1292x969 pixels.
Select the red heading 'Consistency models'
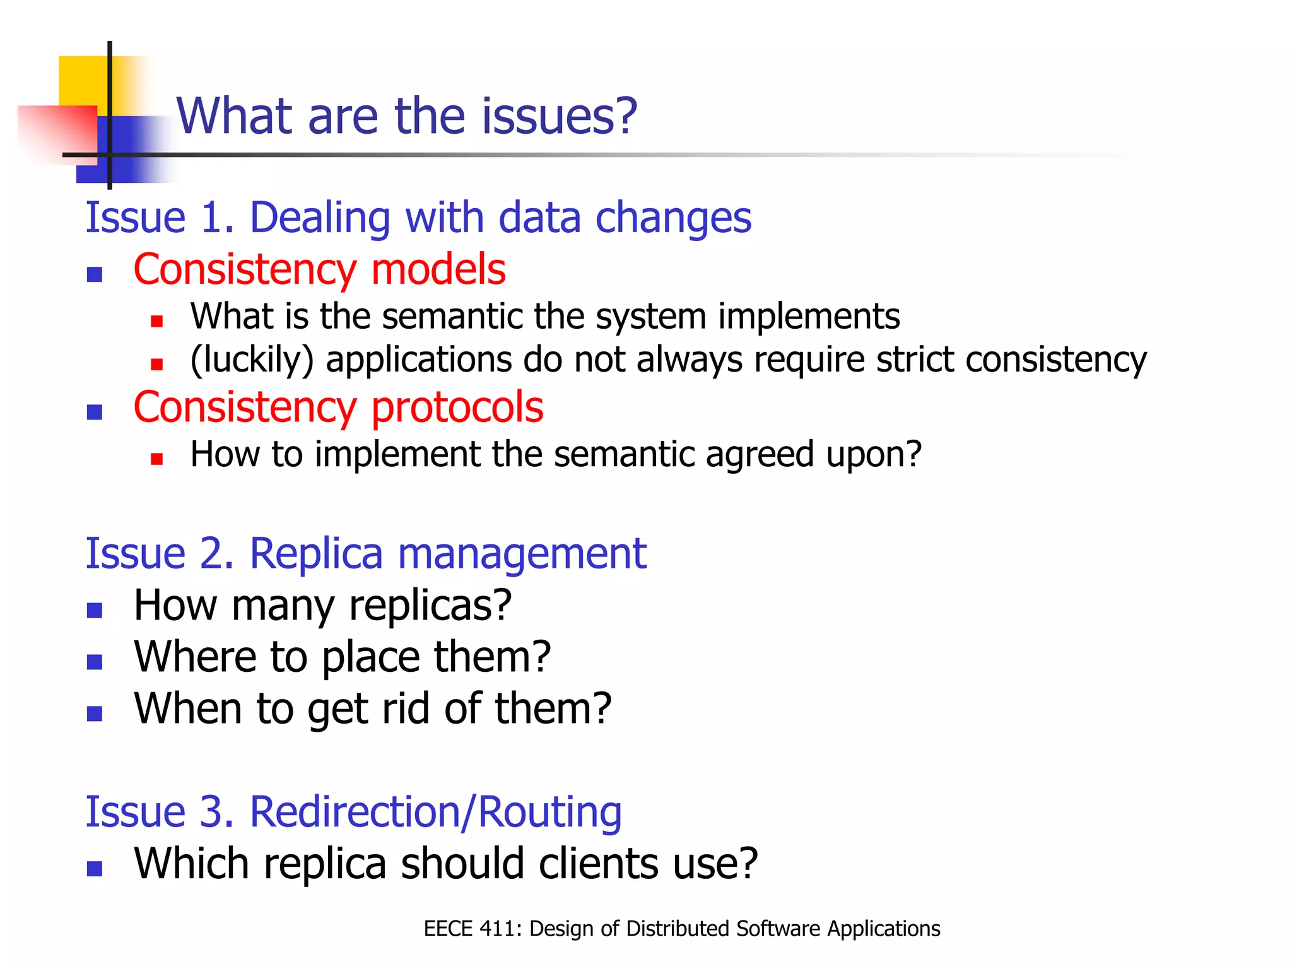pos(319,269)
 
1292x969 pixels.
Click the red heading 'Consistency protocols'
pos(338,407)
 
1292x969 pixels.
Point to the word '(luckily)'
pos(252,360)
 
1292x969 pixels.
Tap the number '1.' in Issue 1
pos(218,218)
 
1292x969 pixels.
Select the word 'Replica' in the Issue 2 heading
pos(316,554)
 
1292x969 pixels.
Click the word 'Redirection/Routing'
pos(436,812)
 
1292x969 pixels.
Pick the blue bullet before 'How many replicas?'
pos(95,610)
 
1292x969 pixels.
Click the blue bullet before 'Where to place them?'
pos(95,662)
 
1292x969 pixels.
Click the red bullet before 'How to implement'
pos(157,459)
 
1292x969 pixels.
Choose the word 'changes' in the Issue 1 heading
pos(673,218)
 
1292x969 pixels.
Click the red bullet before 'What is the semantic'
pos(157,321)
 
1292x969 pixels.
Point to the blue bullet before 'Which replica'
pos(95,869)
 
